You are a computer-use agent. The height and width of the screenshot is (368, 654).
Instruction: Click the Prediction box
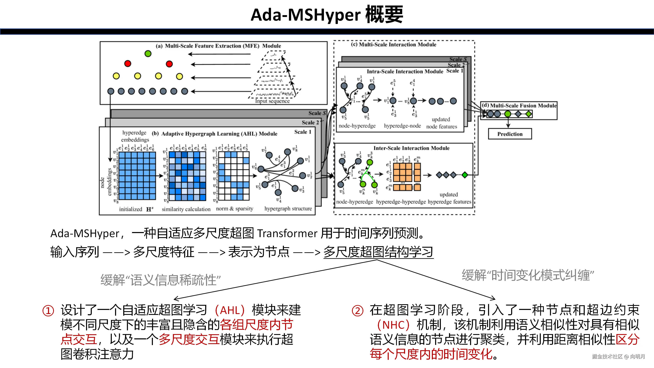pyautogui.click(x=510, y=134)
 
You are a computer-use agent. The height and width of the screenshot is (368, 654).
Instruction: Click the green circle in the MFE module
pyautogui.click(x=148, y=54)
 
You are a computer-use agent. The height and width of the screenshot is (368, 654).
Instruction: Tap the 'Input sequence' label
pyautogui.click(x=272, y=101)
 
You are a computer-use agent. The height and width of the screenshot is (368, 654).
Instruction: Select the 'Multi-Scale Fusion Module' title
pyautogui.click(x=523, y=105)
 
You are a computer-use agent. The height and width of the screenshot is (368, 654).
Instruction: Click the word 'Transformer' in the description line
pyautogui.click(x=287, y=233)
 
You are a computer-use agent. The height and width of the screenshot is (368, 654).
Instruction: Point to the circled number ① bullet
pyautogui.click(x=48, y=311)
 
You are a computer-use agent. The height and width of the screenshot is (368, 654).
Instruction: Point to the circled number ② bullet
pyautogui.click(x=357, y=311)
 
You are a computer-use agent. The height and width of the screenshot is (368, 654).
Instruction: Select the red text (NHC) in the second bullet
pyautogui.click(x=393, y=325)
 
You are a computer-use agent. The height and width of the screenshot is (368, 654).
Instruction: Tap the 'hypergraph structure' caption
pyautogui.click(x=288, y=209)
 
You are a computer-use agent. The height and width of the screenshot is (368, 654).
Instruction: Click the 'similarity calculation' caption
pyautogui.click(x=186, y=209)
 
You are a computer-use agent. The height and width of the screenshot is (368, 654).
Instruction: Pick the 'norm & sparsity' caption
pyautogui.click(x=234, y=209)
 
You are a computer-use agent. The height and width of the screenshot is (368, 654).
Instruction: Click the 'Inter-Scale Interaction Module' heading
pyautogui.click(x=411, y=148)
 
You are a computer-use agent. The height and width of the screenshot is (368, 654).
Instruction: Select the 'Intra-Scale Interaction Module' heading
pyautogui.click(x=405, y=71)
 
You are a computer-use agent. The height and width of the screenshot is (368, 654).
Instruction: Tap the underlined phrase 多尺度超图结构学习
pyautogui.click(x=378, y=252)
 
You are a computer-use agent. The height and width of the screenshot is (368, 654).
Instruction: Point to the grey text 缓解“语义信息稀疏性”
pyautogui.click(x=160, y=280)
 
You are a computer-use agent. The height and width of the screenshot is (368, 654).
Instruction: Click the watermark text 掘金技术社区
pyautogui.click(x=607, y=356)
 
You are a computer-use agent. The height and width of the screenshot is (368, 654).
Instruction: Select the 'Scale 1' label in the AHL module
pyautogui.click(x=303, y=132)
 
